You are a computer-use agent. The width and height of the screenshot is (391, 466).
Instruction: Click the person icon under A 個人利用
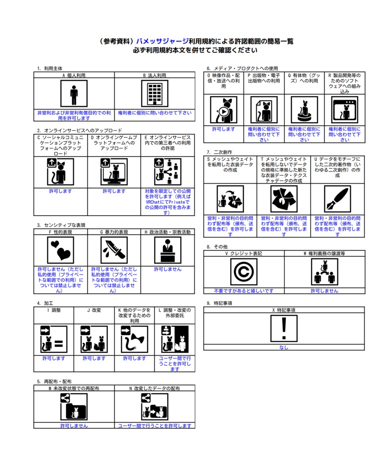[x=74, y=93]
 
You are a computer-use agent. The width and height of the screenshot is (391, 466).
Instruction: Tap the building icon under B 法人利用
[x=155, y=93]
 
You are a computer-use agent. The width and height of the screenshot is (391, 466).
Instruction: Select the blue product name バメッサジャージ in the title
[x=162, y=41]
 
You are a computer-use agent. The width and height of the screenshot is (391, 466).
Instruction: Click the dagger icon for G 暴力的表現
[x=114, y=250]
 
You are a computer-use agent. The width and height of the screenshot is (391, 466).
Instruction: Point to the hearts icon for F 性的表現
[x=61, y=250]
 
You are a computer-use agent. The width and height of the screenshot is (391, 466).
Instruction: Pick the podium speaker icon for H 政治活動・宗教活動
[x=168, y=250]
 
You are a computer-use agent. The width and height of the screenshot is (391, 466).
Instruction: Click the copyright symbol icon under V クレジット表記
[x=244, y=272]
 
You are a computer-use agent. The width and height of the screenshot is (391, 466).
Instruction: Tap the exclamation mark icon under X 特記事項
[x=284, y=328]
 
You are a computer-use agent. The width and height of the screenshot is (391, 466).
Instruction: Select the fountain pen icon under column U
[x=337, y=199]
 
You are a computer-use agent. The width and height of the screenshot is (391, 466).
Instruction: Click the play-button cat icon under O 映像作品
[x=223, y=110]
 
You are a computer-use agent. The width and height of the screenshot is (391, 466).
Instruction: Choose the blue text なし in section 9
[x=284, y=347]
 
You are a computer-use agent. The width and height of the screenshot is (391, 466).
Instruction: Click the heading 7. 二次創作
[x=219, y=152]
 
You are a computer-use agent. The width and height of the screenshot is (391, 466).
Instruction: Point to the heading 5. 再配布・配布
[x=54, y=382]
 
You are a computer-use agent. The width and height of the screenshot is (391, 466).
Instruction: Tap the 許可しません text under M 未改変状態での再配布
[x=74, y=426]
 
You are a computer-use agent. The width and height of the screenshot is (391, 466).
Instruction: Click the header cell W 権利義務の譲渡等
[x=325, y=253]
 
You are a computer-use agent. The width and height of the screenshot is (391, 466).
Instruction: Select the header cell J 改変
[x=94, y=310]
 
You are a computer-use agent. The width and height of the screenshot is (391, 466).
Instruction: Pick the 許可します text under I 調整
[x=54, y=359]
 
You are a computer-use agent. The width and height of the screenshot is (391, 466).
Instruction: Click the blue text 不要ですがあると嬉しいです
[x=244, y=291]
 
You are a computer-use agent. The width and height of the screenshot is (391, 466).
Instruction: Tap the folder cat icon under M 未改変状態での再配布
[x=74, y=406]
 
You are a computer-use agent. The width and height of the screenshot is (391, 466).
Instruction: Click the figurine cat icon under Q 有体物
[x=304, y=110]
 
